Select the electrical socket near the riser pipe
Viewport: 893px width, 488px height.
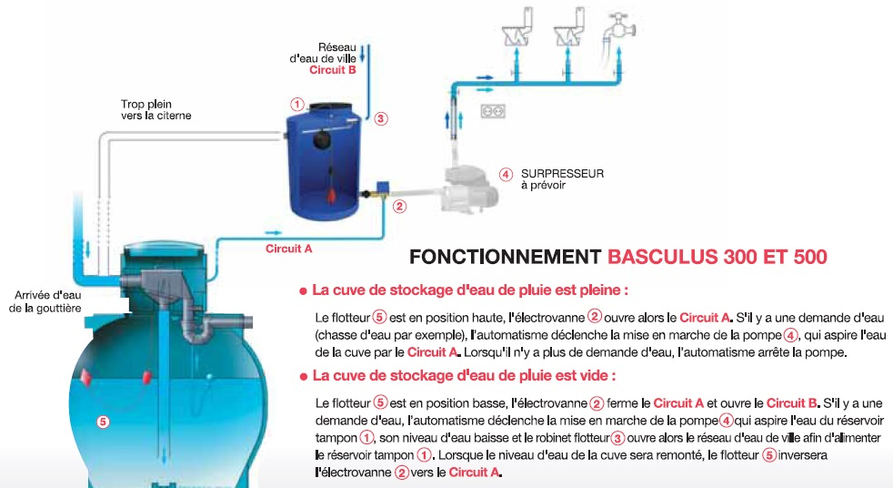pos(493,110)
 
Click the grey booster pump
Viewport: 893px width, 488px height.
pos(470,186)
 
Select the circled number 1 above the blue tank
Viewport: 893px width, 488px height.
pos(296,105)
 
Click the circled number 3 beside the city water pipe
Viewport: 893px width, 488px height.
pos(381,118)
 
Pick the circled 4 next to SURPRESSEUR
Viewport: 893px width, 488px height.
pos(506,175)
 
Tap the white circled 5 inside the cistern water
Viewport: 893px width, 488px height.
pos(103,422)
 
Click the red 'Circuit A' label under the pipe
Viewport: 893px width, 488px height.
pos(289,249)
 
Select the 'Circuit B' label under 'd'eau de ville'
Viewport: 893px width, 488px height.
pos(333,70)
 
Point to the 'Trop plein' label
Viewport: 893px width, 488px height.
pos(145,105)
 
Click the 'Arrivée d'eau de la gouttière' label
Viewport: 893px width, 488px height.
pos(45,301)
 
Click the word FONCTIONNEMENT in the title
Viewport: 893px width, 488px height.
pos(506,257)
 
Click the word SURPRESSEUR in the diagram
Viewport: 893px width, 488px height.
pos(562,173)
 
